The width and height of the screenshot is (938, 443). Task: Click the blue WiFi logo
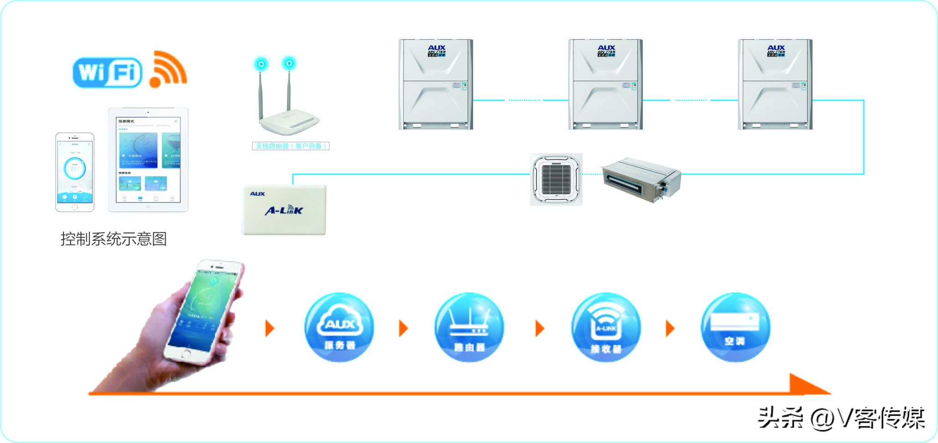point(107,72)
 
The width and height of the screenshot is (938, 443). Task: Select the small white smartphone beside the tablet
point(75,172)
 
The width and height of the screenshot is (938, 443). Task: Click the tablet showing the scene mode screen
point(148,160)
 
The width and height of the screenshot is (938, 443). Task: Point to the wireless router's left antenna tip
point(261,64)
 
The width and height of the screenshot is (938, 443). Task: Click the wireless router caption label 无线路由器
point(291,146)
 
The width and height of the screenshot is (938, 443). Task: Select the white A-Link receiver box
point(284,210)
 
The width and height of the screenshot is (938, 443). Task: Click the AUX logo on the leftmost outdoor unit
point(436,48)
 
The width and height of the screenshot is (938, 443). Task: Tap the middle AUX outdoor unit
point(605,84)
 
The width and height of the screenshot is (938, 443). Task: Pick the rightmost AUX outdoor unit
point(775,84)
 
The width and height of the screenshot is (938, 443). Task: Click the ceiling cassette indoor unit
point(556,179)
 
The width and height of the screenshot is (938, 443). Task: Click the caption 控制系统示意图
point(114,239)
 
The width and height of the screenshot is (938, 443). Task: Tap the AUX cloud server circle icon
point(339,328)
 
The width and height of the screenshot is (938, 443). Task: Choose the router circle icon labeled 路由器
point(469,328)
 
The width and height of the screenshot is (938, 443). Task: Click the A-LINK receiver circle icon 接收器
point(606,328)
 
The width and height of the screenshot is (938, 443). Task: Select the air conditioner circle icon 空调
point(735,328)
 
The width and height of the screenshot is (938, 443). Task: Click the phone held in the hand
point(205,310)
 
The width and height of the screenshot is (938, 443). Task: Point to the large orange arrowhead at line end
point(808,385)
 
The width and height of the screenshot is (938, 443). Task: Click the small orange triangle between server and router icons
point(403,328)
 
